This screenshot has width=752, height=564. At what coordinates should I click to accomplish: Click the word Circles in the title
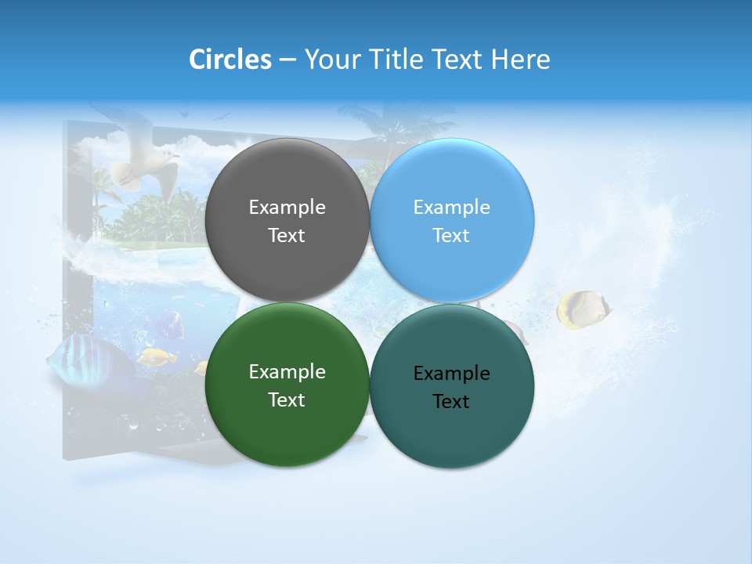click(x=230, y=60)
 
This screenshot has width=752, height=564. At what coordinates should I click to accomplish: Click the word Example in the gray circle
click(x=287, y=208)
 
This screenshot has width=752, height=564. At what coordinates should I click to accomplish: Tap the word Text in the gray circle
click(x=287, y=236)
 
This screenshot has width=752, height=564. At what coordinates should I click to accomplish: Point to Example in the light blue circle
click(x=451, y=208)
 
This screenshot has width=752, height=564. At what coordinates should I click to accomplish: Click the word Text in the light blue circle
click(x=451, y=236)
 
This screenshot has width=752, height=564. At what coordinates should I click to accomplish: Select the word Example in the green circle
click(x=287, y=372)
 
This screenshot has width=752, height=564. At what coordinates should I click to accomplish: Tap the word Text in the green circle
click(x=287, y=400)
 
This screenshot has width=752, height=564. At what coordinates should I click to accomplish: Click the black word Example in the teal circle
click(x=451, y=374)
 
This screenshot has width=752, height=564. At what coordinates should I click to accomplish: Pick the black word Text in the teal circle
click(x=451, y=402)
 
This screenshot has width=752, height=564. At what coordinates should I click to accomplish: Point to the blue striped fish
click(x=82, y=356)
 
